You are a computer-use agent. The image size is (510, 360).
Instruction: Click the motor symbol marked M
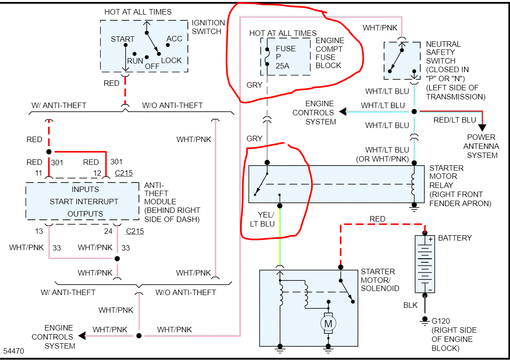[327, 323]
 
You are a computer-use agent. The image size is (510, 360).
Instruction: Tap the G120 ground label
[441, 321]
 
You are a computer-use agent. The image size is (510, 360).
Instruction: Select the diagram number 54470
[14, 351]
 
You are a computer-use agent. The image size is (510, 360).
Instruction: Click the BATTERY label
[455, 238]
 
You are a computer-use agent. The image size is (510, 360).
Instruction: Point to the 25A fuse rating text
[282, 66]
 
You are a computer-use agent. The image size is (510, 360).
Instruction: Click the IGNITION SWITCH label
[208, 27]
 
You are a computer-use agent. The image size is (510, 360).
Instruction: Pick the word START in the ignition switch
[123, 39]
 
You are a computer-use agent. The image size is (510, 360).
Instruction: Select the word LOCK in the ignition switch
[171, 60]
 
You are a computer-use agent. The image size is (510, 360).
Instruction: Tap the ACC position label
[174, 39]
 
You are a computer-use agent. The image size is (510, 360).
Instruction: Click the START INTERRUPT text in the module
[84, 202]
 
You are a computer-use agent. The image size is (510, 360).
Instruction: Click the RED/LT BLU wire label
[455, 120]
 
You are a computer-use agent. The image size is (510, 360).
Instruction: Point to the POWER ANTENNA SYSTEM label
[481, 146]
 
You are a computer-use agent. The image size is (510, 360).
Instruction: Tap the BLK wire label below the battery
[410, 306]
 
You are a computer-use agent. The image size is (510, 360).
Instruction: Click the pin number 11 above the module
[39, 173]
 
